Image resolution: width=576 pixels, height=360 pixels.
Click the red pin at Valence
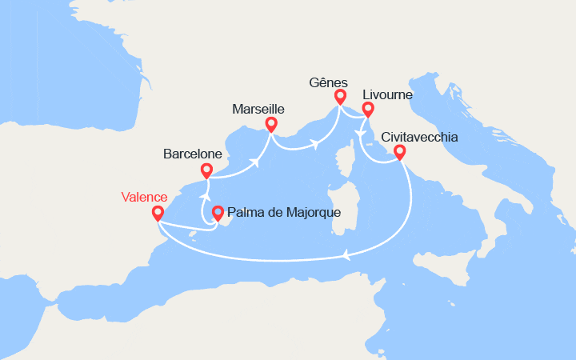click(x=157, y=213)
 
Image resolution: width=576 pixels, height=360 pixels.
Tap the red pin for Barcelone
click(x=206, y=170)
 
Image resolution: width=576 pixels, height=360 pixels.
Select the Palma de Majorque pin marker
click(x=217, y=213)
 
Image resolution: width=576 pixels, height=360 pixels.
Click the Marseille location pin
click(x=270, y=124)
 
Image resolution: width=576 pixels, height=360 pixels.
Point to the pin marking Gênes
click(x=340, y=97)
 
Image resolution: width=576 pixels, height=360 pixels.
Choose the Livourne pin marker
click(x=367, y=110)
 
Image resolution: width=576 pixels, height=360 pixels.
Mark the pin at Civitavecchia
click(x=399, y=151)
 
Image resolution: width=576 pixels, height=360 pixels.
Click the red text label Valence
click(x=144, y=197)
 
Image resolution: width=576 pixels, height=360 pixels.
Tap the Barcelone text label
click(x=192, y=152)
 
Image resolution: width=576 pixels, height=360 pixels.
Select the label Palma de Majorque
click(x=284, y=213)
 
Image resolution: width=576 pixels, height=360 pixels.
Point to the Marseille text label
click(x=258, y=108)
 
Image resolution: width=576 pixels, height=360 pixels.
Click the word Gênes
click(x=328, y=82)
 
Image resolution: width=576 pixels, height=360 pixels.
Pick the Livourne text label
click(x=386, y=94)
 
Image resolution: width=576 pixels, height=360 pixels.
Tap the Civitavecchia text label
click(x=420, y=137)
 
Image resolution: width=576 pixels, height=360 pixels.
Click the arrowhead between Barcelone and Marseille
click(x=257, y=162)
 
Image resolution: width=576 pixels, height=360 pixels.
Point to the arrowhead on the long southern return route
click(x=346, y=255)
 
